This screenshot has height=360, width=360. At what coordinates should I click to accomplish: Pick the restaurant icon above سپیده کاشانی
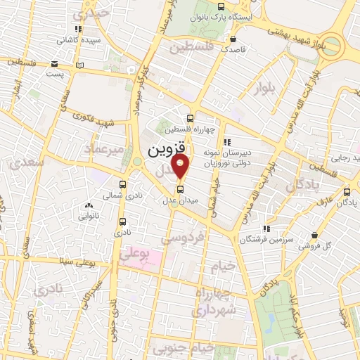[77, 30]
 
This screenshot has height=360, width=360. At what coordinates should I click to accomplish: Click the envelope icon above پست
[55, 63]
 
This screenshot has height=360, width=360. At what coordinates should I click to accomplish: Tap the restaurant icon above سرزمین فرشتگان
[266, 229]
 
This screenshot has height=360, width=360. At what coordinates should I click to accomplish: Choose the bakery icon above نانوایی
[89, 206]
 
